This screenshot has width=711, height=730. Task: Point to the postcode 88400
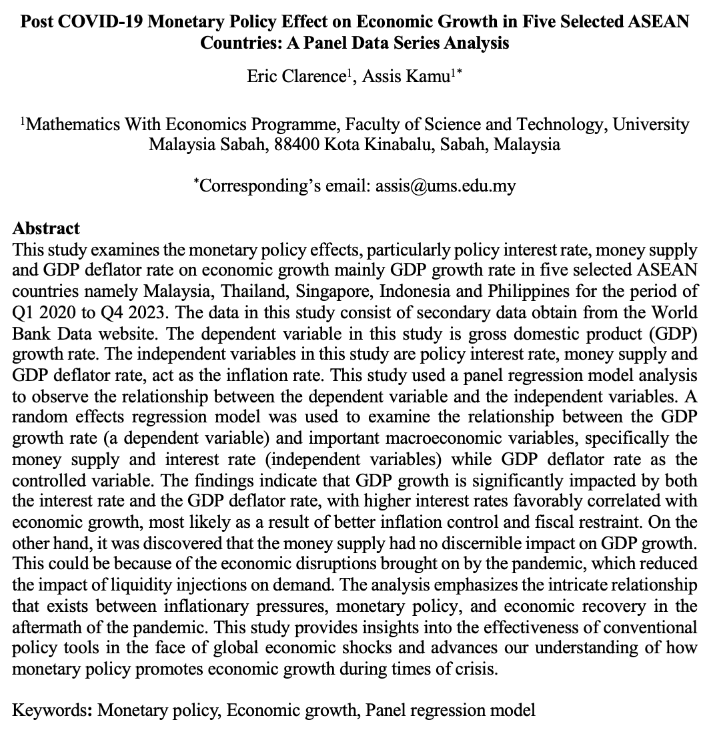pyautogui.click(x=297, y=144)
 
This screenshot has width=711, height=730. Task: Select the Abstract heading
pyautogui.click(x=46, y=228)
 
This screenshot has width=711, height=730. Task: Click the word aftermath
pyautogui.click(x=42, y=627)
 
